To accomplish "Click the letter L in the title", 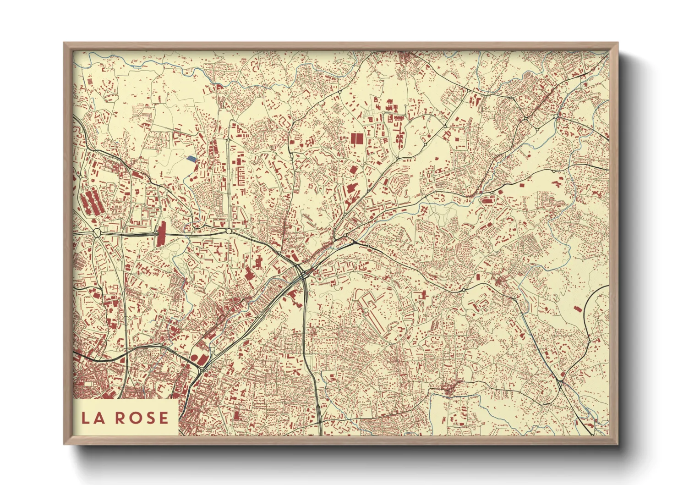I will click(86, 418).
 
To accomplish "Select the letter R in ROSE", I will click(121, 418).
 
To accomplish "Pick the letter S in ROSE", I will click(149, 418).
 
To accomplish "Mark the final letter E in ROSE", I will click(163, 418).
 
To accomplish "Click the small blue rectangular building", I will click(191, 159).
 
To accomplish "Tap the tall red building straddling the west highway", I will click(161, 234).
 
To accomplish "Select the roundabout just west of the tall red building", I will click(97, 233).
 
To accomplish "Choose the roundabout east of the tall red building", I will click(229, 232).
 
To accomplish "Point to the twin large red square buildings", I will click(356, 138).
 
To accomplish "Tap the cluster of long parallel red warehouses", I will click(92, 202).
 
